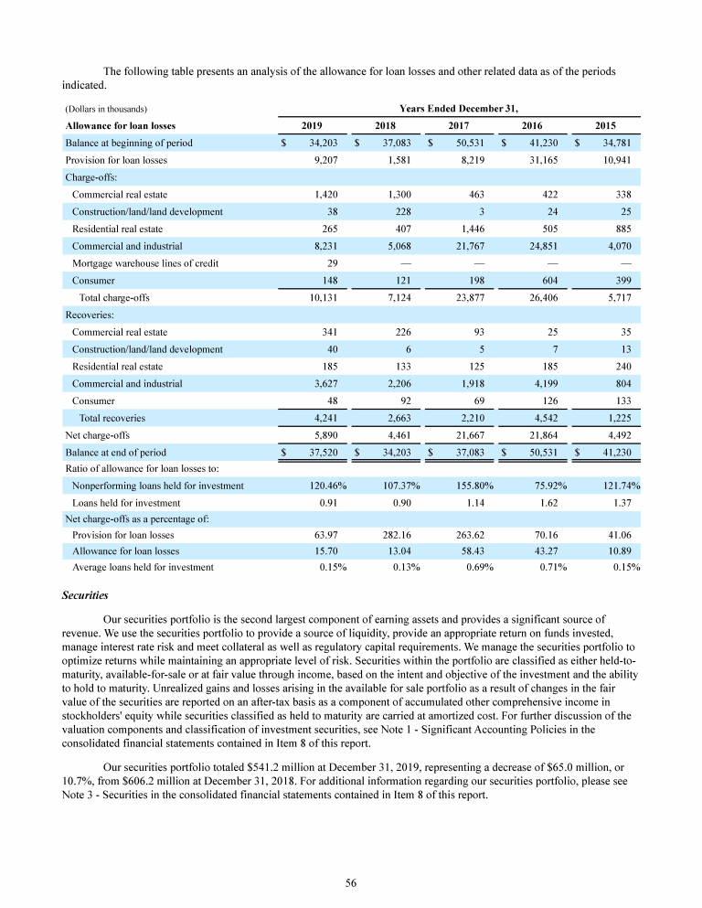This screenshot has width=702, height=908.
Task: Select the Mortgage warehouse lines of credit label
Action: click(145, 263)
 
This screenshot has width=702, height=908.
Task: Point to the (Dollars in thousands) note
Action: click(107, 109)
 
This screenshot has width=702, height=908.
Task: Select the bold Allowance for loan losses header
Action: click(121, 125)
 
